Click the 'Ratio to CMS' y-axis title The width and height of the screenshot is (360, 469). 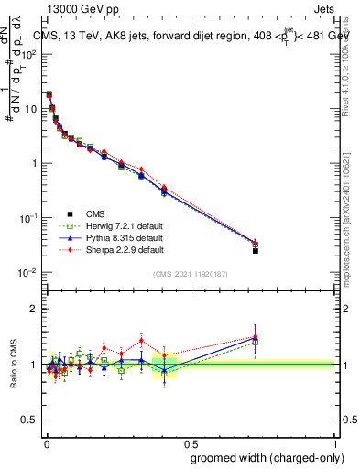[16, 365]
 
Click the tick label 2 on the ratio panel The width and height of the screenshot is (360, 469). [33, 309]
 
